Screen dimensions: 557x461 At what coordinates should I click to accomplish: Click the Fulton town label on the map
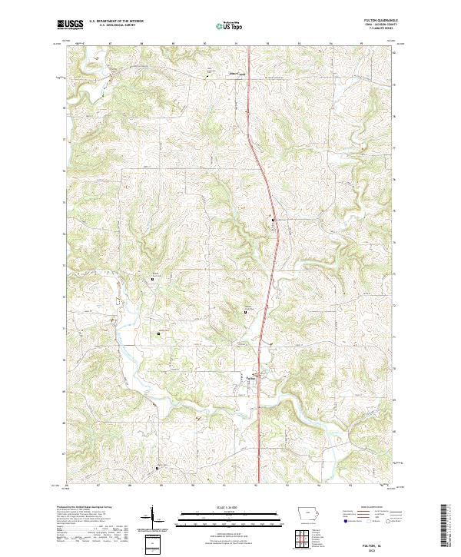tap(250, 376)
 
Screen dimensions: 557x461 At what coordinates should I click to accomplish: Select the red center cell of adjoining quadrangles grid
tap(309, 538)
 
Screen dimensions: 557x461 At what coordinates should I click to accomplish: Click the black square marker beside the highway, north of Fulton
tap(272, 220)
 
